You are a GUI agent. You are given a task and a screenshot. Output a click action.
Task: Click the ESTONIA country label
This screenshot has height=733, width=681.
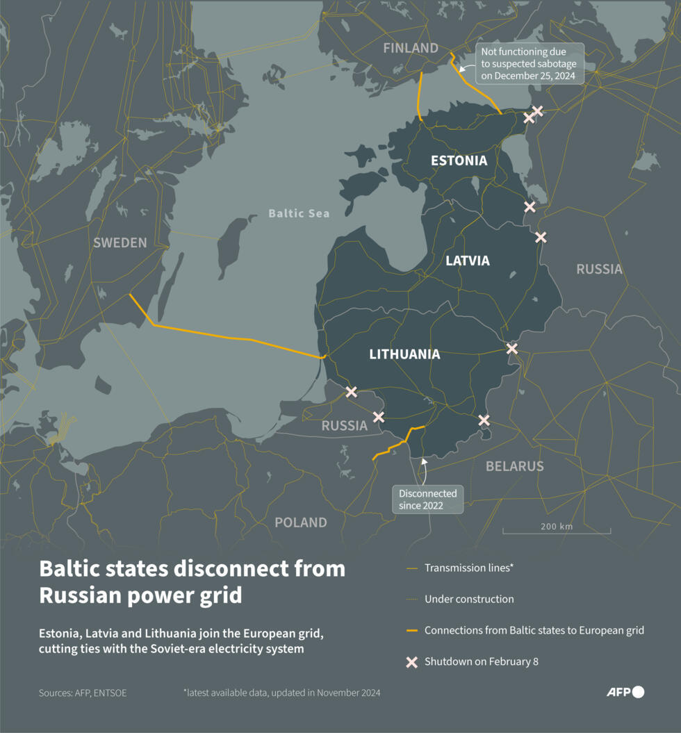coord(459,160)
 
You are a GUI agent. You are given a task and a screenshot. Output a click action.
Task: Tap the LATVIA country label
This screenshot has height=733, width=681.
coord(467,261)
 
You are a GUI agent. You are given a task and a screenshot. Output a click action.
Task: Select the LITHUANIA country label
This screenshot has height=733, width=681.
coord(404,354)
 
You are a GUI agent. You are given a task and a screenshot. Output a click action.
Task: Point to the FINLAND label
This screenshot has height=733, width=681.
coord(411,48)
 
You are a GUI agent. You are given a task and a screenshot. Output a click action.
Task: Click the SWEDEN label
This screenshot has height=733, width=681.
coord(120,242)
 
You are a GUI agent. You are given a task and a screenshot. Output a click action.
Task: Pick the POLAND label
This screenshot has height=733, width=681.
coord(300,522)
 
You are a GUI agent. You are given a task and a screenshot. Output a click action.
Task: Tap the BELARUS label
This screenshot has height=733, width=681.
coord(514,466)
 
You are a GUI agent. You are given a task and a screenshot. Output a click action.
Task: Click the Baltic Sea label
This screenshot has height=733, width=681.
coord(299,213)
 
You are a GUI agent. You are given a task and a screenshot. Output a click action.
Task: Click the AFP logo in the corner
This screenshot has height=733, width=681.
coord(625,692)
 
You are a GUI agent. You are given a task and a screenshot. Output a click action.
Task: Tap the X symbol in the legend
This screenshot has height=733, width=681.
coord(412,662)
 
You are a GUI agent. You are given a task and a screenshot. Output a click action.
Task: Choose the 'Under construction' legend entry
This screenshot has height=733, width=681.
coord(469,599)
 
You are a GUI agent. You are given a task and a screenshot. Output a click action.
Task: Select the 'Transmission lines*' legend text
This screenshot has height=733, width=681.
coord(469,568)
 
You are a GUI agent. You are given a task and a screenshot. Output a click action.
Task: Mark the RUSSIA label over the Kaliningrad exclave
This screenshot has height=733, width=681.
coord(344,426)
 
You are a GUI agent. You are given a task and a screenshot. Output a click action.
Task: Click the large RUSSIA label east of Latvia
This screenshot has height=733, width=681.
coord(599,269)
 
